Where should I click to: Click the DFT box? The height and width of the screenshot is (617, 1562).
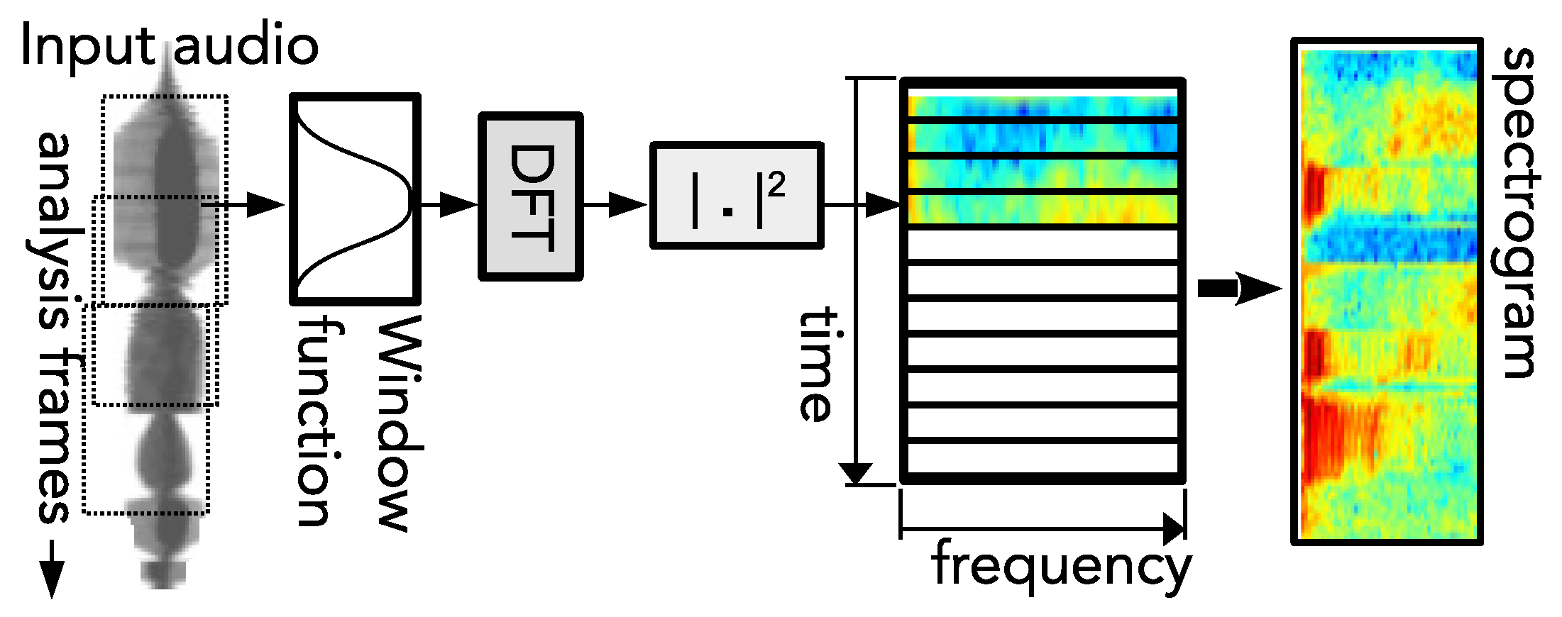pyautogui.click(x=531, y=196)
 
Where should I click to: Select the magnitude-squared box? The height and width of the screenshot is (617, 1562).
pyautogui.click(x=737, y=196)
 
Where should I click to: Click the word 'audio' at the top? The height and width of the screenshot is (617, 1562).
pyautogui.click(x=246, y=45)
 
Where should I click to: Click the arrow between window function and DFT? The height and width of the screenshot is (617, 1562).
pyautogui.click(x=450, y=205)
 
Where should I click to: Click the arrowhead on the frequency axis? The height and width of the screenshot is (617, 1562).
pyautogui.click(x=1175, y=529)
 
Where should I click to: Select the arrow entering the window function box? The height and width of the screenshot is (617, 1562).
pyautogui.click(x=255, y=205)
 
